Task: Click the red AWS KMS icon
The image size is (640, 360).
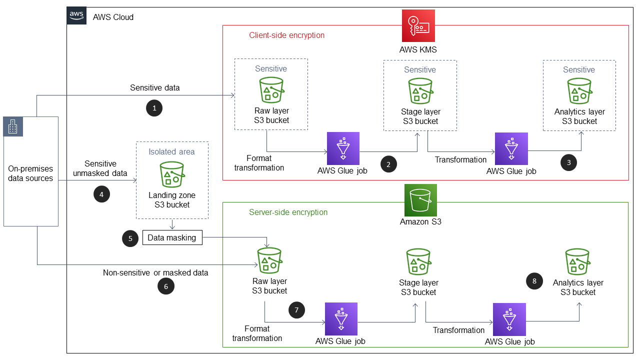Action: pyautogui.click(x=418, y=26)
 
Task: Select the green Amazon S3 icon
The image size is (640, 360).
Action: pyautogui.click(x=420, y=200)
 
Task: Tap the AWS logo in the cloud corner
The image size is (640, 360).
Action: pyautogui.click(x=76, y=16)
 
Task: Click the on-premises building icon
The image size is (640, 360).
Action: pyautogui.click(x=13, y=127)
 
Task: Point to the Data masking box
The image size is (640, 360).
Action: pyautogui.click(x=172, y=237)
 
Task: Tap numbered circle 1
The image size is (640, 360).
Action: pyautogui.click(x=154, y=108)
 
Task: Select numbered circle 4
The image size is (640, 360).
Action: pyautogui.click(x=102, y=194)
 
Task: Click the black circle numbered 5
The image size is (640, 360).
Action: pyautogui.click(x=130, y=238)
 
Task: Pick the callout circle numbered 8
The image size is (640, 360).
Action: pyautogui.click(x=534, y=281)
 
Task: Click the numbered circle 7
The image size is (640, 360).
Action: pyautogui.click(x=296, y=310)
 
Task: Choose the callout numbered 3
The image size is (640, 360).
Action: pyautogui.click(x=568, y=162)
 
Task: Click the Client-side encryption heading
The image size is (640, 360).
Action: pyautogui.click(x=286, y=35)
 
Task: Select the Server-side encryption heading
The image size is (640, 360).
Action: pyautogui.click(x=288, y=212)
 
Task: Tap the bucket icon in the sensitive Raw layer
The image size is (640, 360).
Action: pyautogui.click(x=271, y=90)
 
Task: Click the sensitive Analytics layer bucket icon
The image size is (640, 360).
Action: pyautogui.click(x=579, y=91)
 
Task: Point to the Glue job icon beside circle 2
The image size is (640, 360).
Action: pyautogui.click(x=342, y=148)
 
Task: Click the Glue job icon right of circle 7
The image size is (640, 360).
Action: pyautogui.click(x=341, y=318)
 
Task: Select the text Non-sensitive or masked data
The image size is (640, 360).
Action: pyautogui.click(x=155, y=272)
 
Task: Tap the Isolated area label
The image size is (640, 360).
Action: pyautogui.click(x=171, y=151)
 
